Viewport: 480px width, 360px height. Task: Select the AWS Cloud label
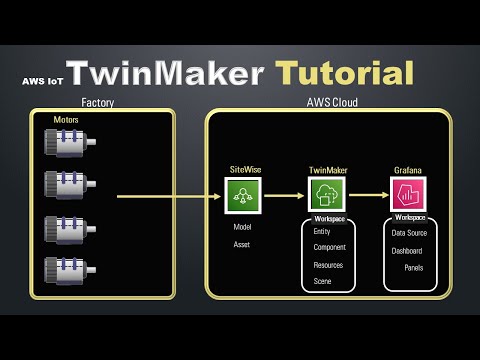(x=332, y=102)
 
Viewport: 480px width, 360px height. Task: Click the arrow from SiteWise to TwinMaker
(x=283, y=196)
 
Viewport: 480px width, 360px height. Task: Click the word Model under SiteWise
(x=242, y=227)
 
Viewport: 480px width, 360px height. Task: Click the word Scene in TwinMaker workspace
(x=324, y=282)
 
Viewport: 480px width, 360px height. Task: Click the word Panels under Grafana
(x=414, y=268)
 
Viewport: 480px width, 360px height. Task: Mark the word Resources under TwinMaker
(x=328, y=265)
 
